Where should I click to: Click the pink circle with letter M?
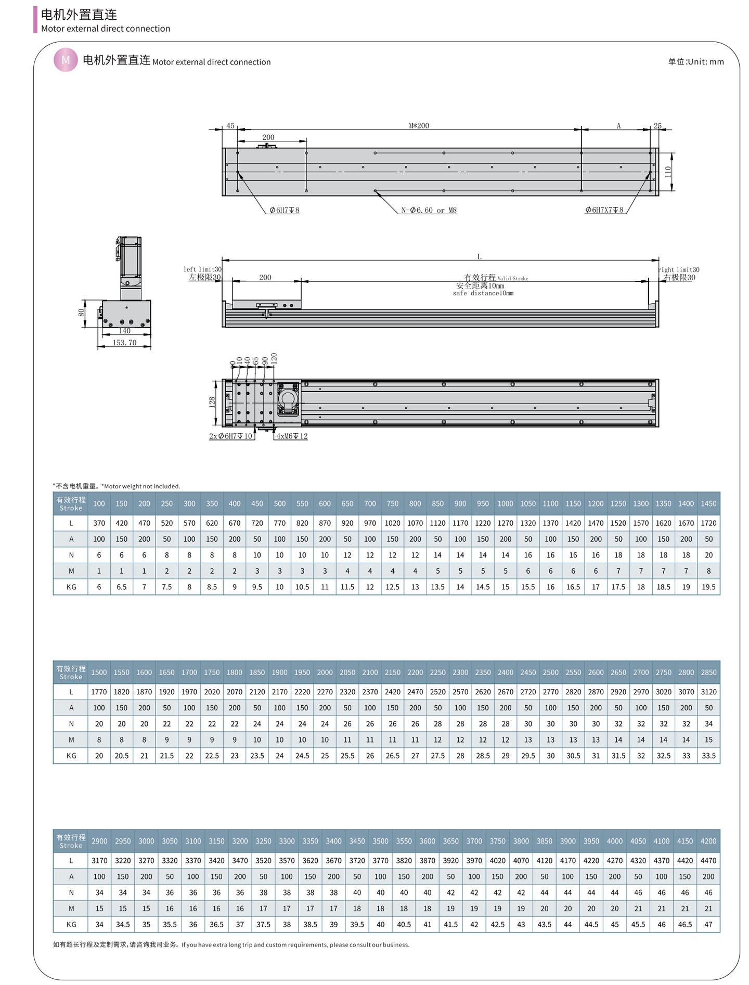coord(66,60)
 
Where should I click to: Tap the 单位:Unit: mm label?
coord(696,61)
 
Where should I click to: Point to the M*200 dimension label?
coord(419,125)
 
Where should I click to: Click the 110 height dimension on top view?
coord(668,171)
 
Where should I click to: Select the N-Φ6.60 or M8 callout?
coord(429,210)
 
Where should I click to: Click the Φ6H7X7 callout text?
coord(604,210)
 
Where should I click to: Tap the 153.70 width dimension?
coord(124,343)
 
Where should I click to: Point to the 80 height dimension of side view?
coord(81,313)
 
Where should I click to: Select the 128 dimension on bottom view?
coord(212,402)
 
